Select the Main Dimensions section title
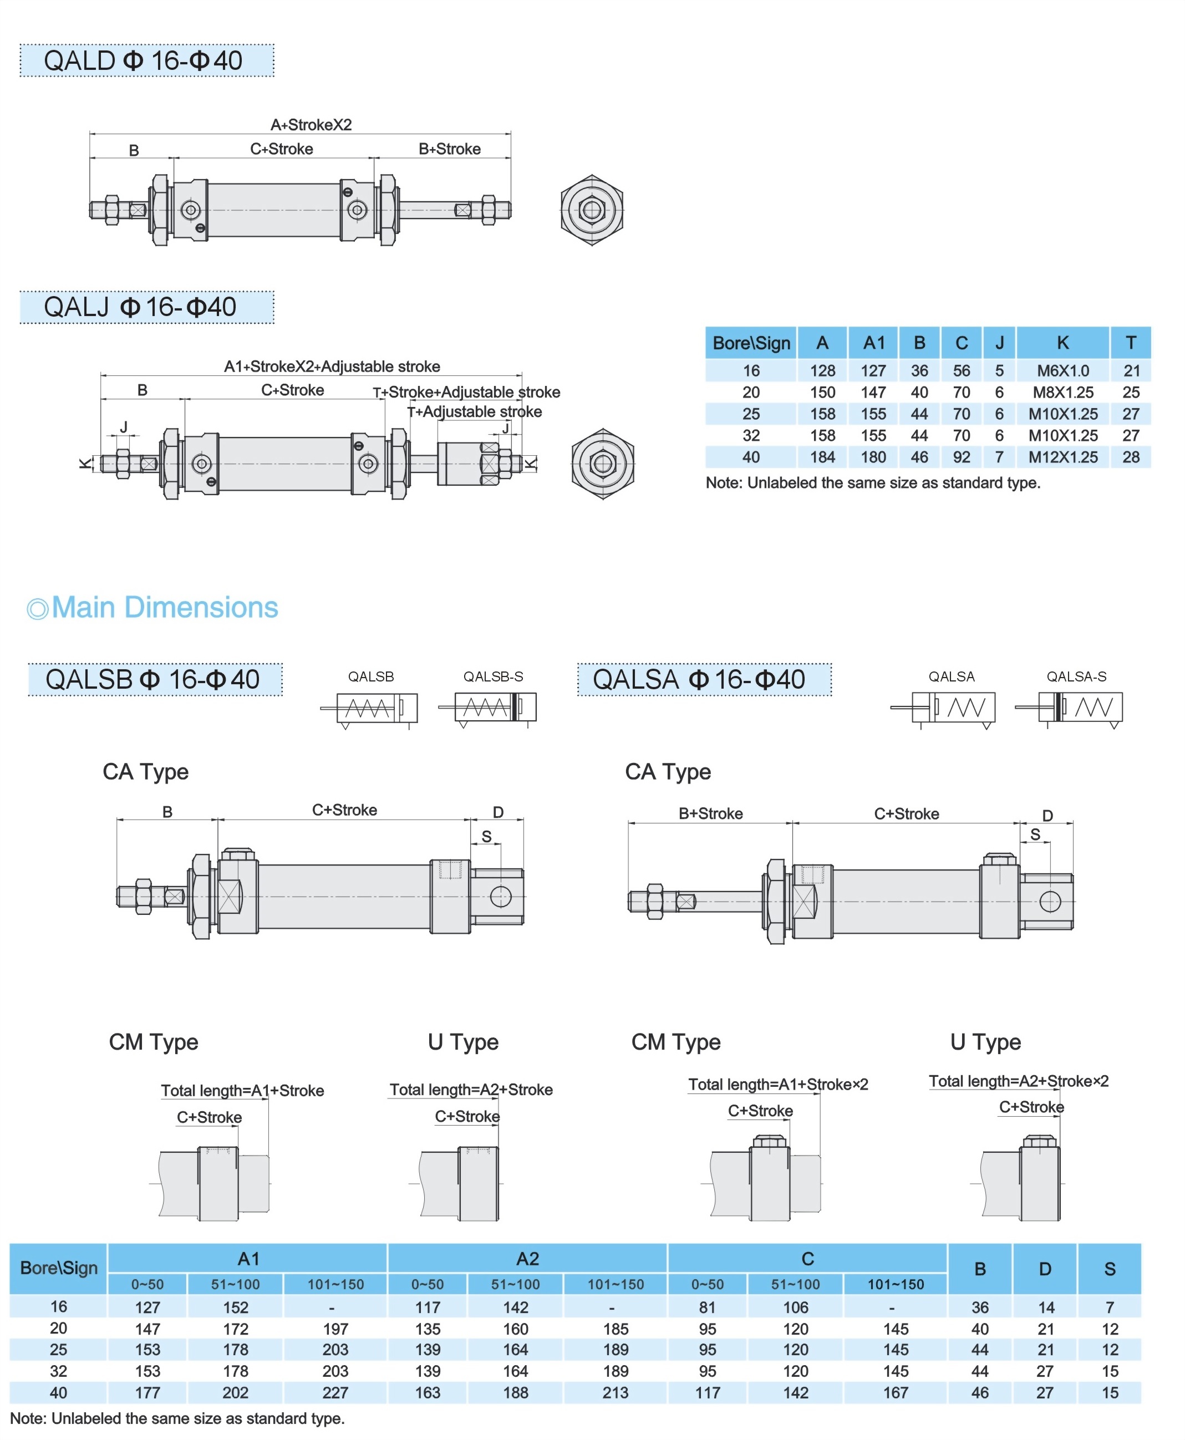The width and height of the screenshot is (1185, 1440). coord(164,607)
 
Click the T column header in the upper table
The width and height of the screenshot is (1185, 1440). coord(1131,343)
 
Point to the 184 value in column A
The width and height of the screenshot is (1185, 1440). coord(822,456)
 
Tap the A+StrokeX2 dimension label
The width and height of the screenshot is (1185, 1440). coord(311,125)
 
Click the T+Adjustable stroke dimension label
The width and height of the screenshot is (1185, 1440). coord(475,411)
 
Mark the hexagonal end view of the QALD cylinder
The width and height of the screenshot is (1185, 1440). coord(591,210)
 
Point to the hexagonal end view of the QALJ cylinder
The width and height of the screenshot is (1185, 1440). coord(602,464)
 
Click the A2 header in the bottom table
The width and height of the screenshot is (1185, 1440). coord(527,1259)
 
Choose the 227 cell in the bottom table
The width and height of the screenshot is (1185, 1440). coord(335,1392)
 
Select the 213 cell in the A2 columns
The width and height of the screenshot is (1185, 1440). coord(615,1392)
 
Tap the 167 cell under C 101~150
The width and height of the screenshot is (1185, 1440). coord(895,1392)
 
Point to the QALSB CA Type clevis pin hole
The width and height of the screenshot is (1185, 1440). coord(500,896)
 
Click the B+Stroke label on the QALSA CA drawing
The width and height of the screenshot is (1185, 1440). coord(710,813)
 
